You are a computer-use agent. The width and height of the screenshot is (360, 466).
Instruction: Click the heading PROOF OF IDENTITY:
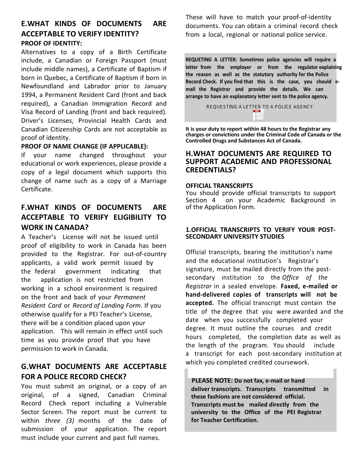click(x=52, y=43)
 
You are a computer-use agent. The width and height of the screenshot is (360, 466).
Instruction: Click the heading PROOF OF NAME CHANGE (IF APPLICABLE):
click(x=85, y=146)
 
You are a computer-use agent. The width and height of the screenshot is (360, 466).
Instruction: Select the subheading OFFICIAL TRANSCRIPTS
click(x=219, y=186)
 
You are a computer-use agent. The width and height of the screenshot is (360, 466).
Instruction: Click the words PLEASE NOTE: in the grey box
click(x=212, y=380)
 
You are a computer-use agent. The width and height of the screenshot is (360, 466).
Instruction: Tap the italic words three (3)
click(x=58, y=421)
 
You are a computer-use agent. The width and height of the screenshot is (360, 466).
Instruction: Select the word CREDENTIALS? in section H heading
click(x=210, y=170)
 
